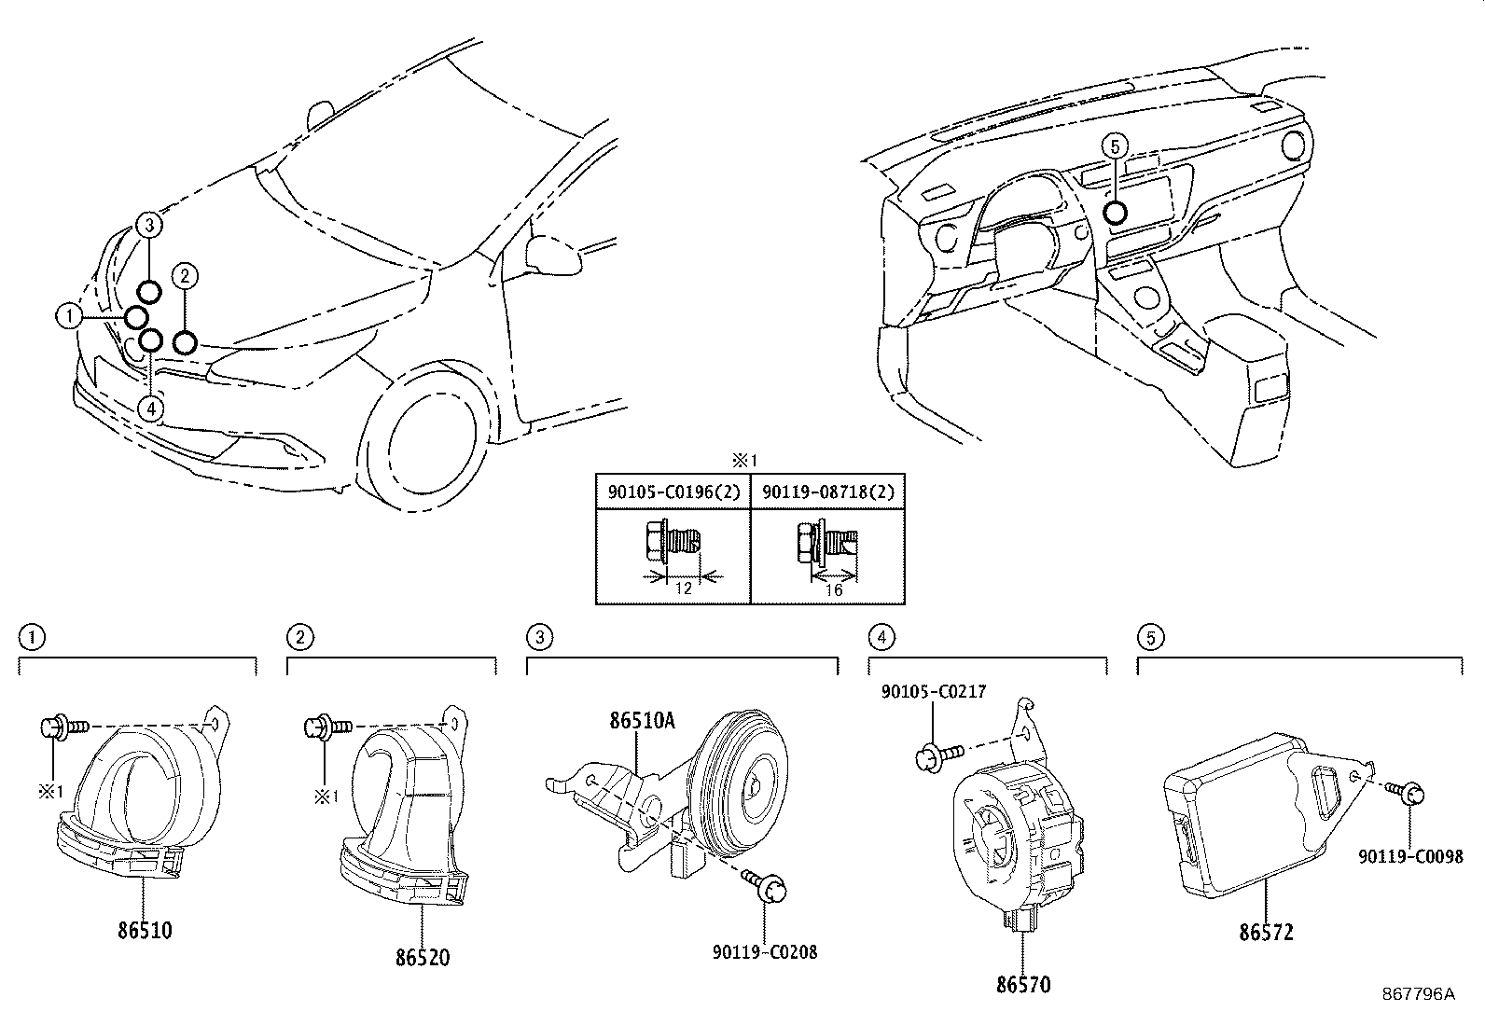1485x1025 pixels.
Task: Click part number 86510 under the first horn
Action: tap(145, 930)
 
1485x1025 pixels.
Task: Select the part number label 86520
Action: tap(421, 957)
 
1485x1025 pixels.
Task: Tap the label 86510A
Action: tap(642, 721)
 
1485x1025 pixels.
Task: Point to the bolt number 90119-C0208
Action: tap(765, 953)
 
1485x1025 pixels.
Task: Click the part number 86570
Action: tap(1022, 984)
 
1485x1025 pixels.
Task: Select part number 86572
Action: tap(1266, 932)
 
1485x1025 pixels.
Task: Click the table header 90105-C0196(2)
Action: tap(673, 492)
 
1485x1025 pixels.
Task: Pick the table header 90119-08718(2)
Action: tap(827, 492)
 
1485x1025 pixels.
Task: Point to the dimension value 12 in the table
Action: tap(683, 589)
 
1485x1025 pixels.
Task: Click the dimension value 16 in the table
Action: tap(834, 590)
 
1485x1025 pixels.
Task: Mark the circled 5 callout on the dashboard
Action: tap(1114, 145)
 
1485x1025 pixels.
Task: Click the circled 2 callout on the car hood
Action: tap(185, 275)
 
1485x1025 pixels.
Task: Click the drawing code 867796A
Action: tap(1418, 994)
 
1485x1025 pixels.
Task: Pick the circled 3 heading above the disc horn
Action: tap(539, 638)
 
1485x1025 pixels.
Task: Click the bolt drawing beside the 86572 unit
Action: tap(1404, 792)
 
